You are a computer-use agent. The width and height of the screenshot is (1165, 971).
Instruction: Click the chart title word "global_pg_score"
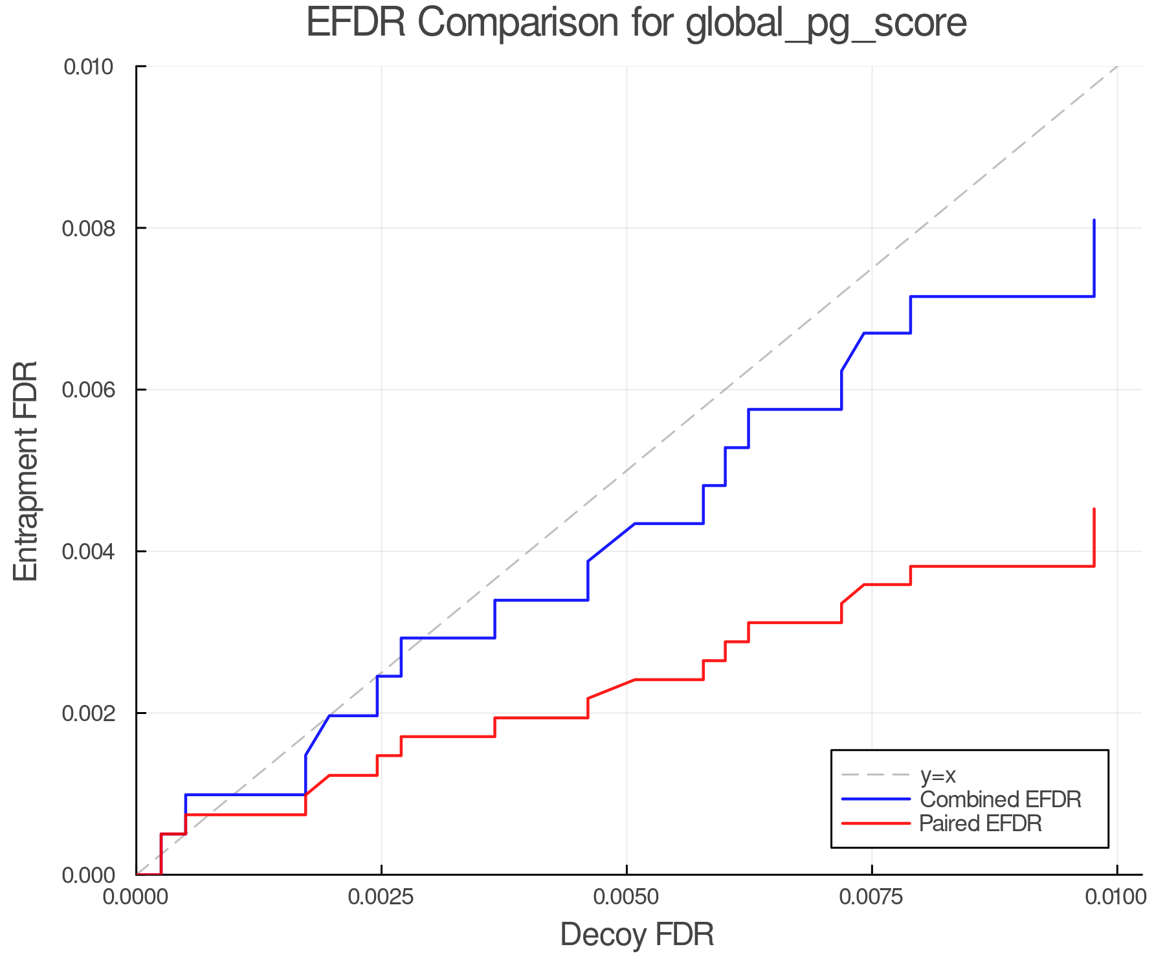(826, 23)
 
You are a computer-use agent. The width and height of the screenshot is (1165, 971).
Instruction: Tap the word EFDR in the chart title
(355, 23)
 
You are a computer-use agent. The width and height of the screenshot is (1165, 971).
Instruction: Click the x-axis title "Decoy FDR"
(637, 935)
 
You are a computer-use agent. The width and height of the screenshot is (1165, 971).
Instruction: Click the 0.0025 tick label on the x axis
(381, 897)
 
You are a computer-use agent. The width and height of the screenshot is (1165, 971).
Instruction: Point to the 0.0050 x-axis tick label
(627, 897)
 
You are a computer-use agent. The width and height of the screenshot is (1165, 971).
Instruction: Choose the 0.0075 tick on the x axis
(872, 897)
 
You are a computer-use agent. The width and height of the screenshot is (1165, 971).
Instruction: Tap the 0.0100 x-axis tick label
(1116, 897)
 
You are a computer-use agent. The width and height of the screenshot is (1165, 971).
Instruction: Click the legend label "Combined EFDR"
(1001, 799)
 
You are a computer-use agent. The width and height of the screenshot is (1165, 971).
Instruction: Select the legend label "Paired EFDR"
(981, 823)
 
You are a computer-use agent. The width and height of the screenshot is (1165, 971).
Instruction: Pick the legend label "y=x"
(938, 775)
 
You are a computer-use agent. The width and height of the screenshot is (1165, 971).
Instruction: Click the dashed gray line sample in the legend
(876, 775)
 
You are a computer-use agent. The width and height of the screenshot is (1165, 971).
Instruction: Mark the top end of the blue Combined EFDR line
(1094, 221)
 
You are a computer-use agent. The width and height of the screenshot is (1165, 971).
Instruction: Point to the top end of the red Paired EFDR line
(1094, 509)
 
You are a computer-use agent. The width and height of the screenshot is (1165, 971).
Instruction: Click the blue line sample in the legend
(876, 799)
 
